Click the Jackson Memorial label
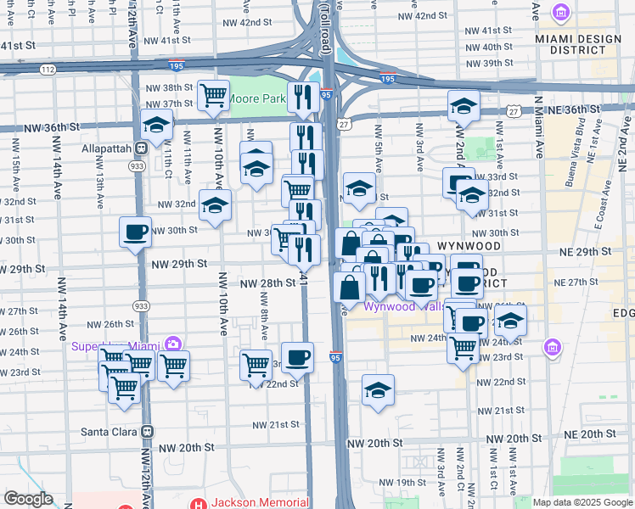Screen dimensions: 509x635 (259, 502)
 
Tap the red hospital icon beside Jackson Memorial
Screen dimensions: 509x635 (199, 503)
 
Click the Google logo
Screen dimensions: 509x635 (28, 499)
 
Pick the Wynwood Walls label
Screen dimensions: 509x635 (402, 307)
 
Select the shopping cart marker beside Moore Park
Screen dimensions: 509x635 (213, 94)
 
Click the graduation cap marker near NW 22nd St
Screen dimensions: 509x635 (378, 389)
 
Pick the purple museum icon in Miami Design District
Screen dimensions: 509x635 (560, 12)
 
